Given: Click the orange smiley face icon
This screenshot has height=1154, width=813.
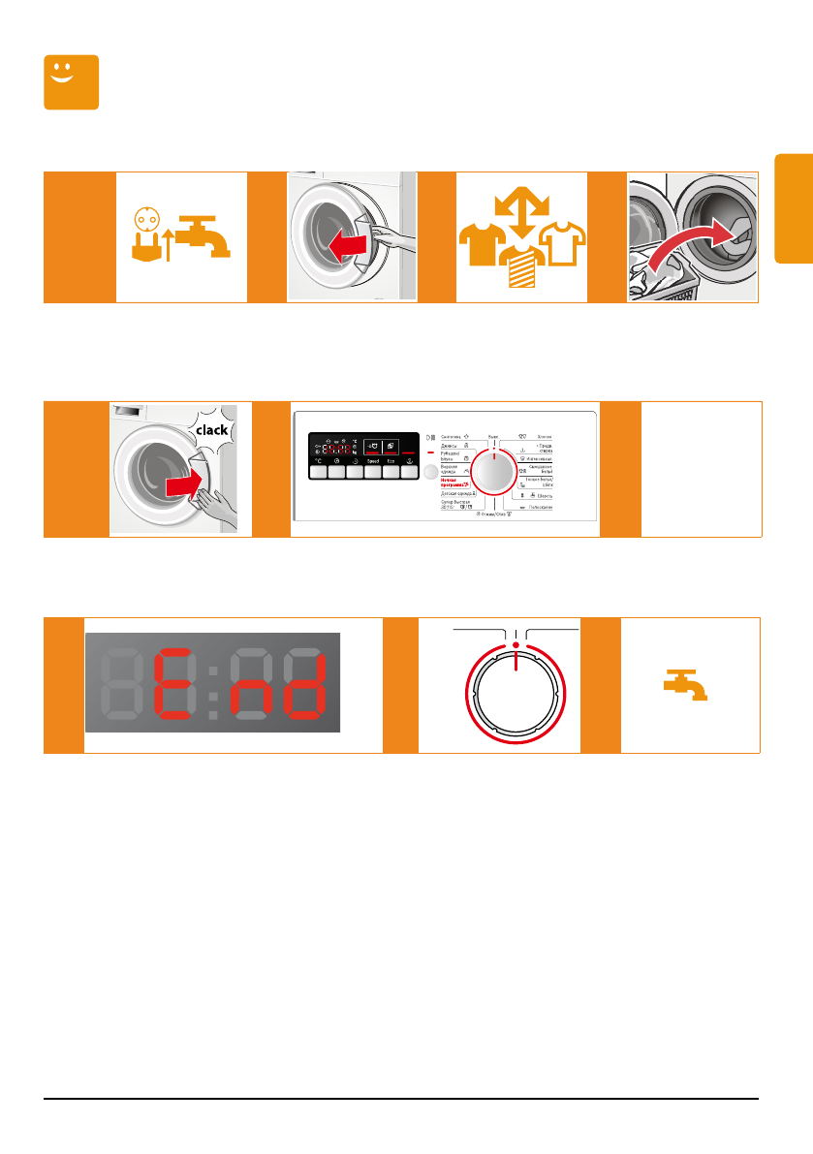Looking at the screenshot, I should pos(72,82).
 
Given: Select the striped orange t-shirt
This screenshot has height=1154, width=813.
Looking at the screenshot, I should pos(521,265).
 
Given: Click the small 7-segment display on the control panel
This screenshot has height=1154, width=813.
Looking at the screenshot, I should pos(332,448).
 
